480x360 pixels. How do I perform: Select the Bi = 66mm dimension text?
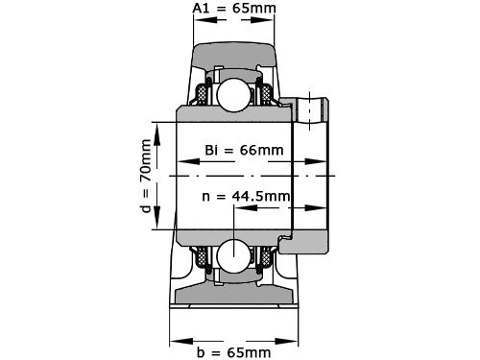point(244,150)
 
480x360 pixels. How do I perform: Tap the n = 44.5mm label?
point(247,196)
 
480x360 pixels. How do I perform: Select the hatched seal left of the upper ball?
point(204,95)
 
